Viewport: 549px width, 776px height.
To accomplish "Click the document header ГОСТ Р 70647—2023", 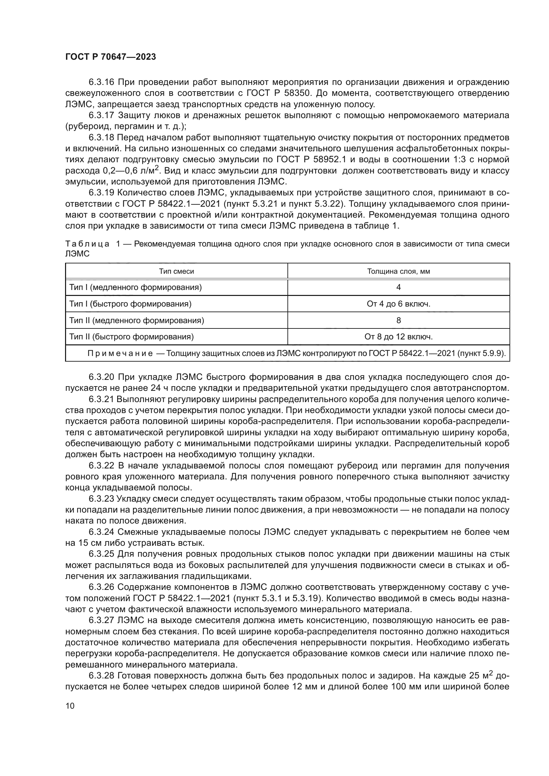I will (111, 57).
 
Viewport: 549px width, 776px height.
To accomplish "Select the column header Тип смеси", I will (177, 271).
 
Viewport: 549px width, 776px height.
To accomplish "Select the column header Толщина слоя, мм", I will (399, 271).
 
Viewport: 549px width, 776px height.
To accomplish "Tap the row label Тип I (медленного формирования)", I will (135, 288).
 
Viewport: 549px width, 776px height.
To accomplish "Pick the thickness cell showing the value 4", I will (399, 288).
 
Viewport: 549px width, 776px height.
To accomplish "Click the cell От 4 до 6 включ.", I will (399, 304).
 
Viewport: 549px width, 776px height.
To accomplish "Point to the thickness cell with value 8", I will (399, 320).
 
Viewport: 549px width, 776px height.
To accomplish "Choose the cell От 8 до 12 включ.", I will (399, 337).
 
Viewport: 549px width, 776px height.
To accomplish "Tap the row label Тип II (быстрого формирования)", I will (131, 337).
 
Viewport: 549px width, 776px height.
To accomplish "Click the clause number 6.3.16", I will (102, 82).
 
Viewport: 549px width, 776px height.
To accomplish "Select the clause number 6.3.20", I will (102, 377).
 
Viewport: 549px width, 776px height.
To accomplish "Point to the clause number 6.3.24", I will (102, 532).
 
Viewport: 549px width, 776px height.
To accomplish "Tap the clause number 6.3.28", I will (102, 675).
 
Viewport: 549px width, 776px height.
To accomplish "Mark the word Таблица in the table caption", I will (87, 244).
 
